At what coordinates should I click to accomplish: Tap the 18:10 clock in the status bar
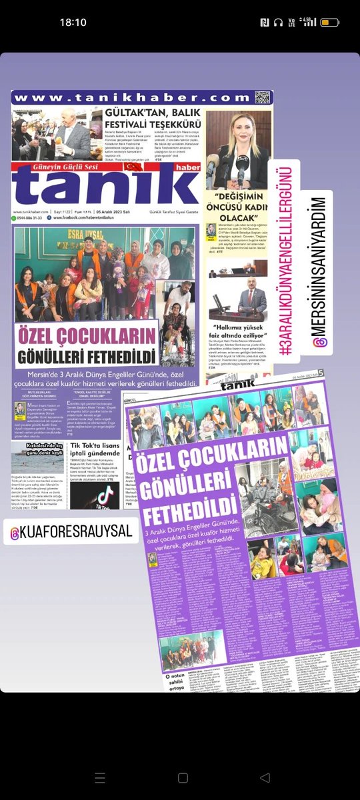coord(73,22)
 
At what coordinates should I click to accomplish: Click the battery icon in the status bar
coord(330,22)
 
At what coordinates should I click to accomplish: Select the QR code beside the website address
coord(262,97)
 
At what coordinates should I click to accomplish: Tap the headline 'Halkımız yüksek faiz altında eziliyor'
coord(237,331)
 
